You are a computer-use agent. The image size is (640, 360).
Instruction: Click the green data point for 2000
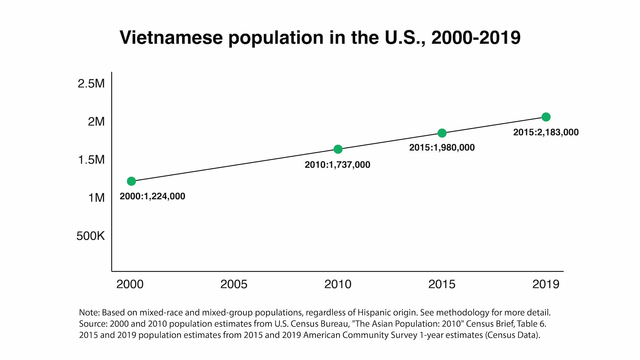click(x=131, y=181)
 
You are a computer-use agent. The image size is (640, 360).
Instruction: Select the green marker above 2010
click(x=338, y=149)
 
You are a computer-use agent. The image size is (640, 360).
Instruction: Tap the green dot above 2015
click(x=442, y=133)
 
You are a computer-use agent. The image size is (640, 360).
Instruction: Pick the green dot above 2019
click(x=546, y=117)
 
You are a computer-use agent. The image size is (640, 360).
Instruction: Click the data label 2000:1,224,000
click(x=152, y=196)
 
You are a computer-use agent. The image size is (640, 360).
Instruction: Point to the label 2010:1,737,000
click(x=337, y=165)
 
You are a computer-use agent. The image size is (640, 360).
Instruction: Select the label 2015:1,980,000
click(x=442, y=147)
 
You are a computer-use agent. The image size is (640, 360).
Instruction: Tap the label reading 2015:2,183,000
click(x=546, y=132)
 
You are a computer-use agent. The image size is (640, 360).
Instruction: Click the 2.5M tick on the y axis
click(x=91, y=84)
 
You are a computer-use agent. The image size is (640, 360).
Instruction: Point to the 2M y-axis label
click(x=96, y=121)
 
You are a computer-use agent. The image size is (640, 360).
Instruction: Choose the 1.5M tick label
click(x=91, y=160)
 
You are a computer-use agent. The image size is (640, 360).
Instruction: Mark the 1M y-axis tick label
click(x=96, y=198)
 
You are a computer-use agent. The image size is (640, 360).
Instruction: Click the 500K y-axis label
click(x=90, y=236)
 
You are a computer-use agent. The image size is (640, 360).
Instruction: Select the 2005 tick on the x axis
click(x=234, y=284)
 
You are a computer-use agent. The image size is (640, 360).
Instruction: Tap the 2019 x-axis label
click(x=546, y=284)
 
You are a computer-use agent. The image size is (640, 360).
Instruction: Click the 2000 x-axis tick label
click(x=130, y=284)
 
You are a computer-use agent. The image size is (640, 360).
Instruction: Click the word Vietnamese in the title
click(x=171, y=38)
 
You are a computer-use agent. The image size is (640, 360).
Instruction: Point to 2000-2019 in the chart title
click(x=476, y=38)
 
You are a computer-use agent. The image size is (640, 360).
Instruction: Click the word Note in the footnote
click(x=89, y=312)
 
